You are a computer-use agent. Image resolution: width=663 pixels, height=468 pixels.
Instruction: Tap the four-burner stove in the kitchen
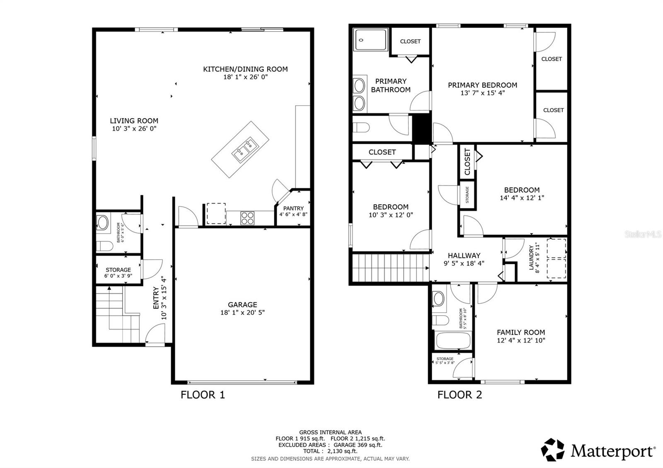coord(247,218)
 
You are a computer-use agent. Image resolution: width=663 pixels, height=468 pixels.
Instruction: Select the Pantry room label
coord(293,208)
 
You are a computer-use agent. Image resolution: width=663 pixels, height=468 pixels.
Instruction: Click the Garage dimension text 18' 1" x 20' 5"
coord(242,313)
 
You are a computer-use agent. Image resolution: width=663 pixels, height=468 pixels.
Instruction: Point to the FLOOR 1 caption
coord(203,395)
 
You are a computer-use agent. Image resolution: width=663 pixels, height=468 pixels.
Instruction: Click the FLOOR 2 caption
coord(460,395)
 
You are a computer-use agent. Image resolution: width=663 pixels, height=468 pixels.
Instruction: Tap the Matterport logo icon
coord(553,449)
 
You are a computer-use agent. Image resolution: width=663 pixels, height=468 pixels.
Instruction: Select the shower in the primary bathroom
coord(370,40)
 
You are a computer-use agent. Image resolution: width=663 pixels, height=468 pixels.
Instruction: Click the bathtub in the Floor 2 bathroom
coord(453,341)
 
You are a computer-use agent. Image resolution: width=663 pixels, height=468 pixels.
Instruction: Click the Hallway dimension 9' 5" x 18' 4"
coord(464,263)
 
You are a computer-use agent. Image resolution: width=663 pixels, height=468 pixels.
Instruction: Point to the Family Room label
coord(521,332)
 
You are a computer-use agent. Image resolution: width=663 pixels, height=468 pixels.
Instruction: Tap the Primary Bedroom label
coord(482,85)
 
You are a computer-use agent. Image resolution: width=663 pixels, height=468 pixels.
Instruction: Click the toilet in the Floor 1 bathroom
coord(104,246)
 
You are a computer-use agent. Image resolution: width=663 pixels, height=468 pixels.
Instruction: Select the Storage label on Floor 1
coord(118,270)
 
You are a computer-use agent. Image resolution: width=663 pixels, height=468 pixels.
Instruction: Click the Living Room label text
coord(134,121)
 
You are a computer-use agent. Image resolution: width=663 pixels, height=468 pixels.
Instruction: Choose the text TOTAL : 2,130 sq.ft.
coord(330,451)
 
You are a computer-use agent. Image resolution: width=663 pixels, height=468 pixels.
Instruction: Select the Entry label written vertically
coord(156,298)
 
